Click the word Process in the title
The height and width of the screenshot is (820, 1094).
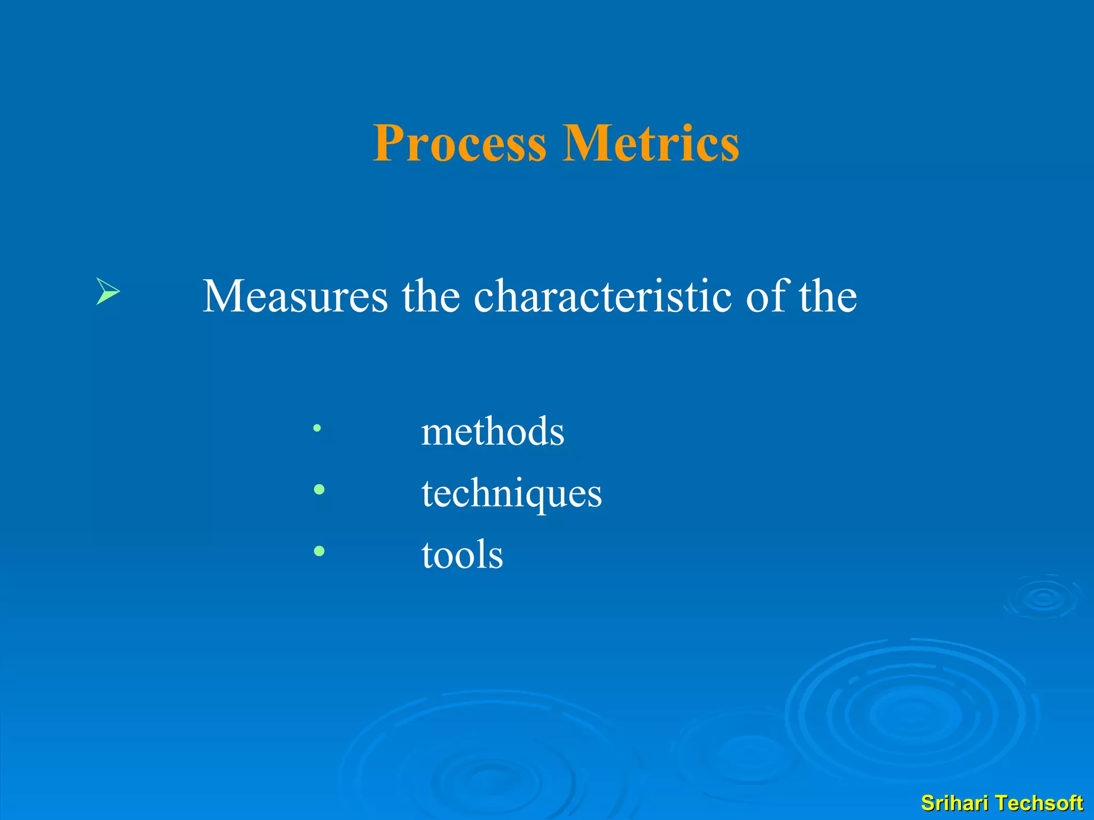(x=459, y=143)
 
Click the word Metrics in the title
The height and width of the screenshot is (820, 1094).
(x=651, y=143)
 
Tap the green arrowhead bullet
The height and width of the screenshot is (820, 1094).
(x=107, y=291)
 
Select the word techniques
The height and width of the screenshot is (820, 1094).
(x=511, y=493)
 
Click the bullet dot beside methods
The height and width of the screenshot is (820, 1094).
(x=317, y=428)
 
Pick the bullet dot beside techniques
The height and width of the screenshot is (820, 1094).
(x=319, y=489)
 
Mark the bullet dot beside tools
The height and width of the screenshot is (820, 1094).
(x=319, y=551)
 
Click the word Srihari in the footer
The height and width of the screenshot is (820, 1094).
(x=954, y=803)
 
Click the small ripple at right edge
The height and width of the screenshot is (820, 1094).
(x=1043, y=598)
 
